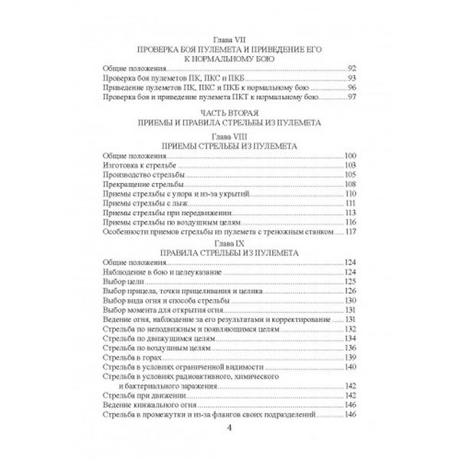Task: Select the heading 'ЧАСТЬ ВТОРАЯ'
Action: [230, 111]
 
